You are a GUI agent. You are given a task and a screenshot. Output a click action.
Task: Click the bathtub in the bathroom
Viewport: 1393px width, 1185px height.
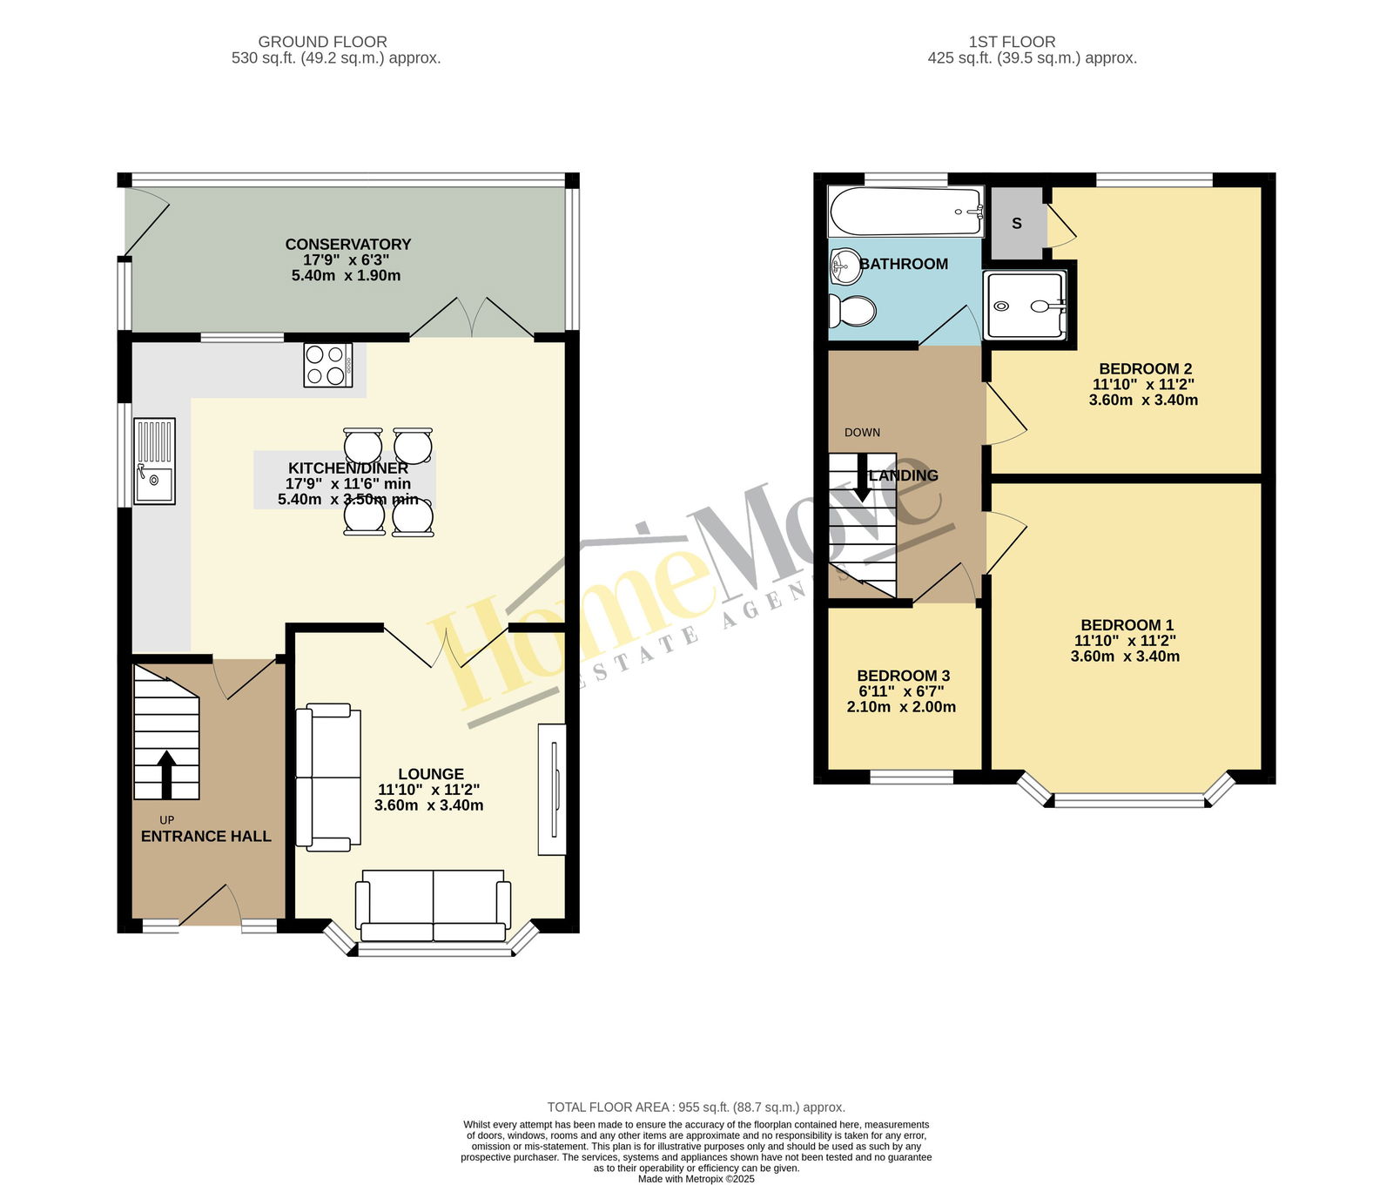[906, 212]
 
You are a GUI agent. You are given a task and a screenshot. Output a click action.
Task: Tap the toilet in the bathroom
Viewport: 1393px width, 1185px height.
[851, 310]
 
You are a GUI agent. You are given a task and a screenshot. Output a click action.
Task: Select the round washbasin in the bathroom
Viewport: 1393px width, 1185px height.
[845, 266]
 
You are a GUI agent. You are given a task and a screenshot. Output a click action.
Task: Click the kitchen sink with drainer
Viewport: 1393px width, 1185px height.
[154, 461]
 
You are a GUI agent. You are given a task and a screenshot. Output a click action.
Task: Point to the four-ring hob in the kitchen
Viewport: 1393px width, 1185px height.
[328, 365]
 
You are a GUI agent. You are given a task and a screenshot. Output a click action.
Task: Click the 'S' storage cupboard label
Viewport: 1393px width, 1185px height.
[1016, 224]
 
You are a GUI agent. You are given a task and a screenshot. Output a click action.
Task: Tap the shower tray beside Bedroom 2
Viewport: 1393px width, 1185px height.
[1025, 306]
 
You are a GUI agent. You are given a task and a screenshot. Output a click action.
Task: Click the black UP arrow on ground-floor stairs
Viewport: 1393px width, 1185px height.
[166, 775]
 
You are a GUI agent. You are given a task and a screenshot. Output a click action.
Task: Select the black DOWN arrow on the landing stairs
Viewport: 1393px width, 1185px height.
[863, 477]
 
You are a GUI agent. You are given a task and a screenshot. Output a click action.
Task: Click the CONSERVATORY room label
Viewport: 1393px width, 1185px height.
[348, 245]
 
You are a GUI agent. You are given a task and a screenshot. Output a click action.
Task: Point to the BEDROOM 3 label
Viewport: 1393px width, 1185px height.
[904, 676]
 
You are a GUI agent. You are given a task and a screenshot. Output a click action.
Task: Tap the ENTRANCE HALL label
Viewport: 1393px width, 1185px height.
[206, 837]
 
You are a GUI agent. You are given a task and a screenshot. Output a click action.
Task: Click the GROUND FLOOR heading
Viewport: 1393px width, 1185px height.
[323, 42]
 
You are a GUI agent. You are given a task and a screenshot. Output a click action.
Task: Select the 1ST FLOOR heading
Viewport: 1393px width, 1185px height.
[1013, 42]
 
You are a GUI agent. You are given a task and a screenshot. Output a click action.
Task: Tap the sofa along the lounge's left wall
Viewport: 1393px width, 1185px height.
[328, 778]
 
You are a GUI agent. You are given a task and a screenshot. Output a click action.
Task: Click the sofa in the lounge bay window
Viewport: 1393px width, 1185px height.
[433, 906]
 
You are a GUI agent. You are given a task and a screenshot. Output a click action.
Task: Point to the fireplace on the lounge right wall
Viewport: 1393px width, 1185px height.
[552, 790]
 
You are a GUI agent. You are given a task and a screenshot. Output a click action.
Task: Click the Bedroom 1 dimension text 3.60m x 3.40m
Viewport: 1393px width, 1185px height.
[1126, 656]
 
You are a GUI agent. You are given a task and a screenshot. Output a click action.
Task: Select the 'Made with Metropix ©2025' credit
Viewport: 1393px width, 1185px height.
[696, 1180]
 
